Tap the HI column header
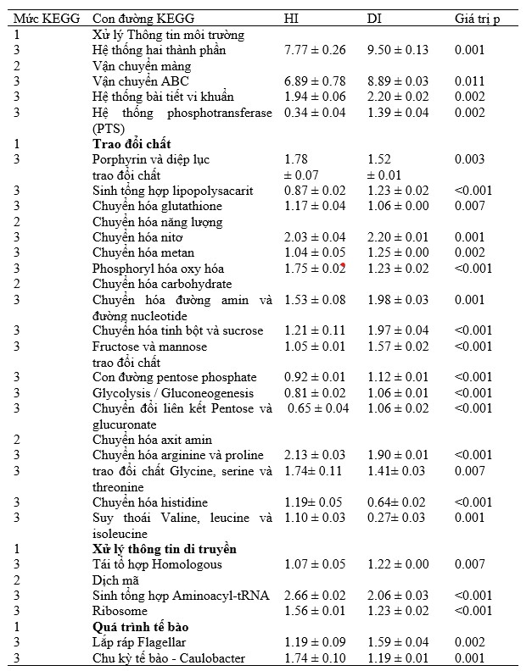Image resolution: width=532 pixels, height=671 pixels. coord(289,19)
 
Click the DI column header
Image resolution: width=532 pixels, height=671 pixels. coord(374,19)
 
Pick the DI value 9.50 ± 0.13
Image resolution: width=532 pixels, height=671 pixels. coord(397,50)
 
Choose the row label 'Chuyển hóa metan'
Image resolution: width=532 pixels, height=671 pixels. coord(143,252)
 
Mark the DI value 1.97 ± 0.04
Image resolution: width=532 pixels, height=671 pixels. coord(399,330)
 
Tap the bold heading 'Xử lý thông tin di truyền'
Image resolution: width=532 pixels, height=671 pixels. coord(164,549)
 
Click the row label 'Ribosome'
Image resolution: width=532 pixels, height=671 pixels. coord(118,611)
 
